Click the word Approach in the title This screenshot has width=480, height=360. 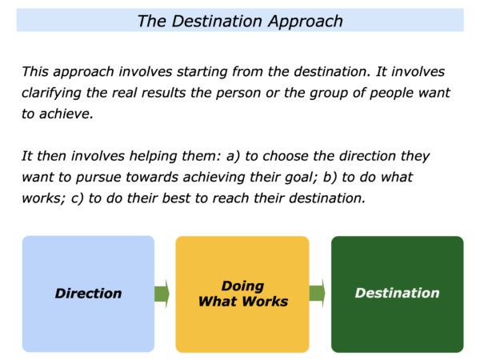point(306,22)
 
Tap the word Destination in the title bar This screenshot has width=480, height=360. point(217,21)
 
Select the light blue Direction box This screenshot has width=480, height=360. point(88,294)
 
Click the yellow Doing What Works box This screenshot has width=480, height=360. point(242,294)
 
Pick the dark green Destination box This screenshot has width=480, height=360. point(398,294)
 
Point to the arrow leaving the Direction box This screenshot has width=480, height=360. point(162,294)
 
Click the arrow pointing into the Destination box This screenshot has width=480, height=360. point(317,294)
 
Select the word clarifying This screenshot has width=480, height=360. point(51,93)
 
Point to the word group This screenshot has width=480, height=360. point(329,94)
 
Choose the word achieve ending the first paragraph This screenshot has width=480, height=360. point(66,114)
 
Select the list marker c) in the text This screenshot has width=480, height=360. point(78,198)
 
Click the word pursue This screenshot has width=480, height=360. point(98,178)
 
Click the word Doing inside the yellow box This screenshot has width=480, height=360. point(242,286)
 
